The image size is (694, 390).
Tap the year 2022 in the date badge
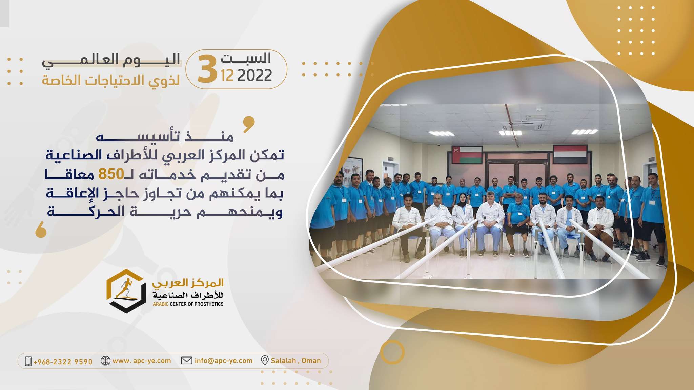[x=255, y=75]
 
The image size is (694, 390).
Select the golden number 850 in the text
[x=111, y=174]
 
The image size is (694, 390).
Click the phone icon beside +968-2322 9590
[x=28, y=361]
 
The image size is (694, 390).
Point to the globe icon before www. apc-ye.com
[x=106, y=361]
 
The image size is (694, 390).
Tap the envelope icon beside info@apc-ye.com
[x=187, y=361]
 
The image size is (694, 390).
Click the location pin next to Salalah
[x=265, y=361]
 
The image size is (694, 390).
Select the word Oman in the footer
[x=311, y=361]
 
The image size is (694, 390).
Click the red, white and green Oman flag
[x=467, y=154]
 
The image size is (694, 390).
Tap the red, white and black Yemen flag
[x=570, y=154]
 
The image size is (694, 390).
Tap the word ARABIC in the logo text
[x=161, y=304]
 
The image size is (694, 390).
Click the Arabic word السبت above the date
[x=246, y=58]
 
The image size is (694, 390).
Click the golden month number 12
[x=227, y=75]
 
